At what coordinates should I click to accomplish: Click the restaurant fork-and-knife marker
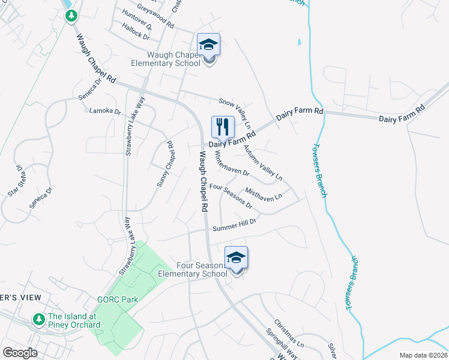(223, 127)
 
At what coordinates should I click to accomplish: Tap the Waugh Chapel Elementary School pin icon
(208, 45)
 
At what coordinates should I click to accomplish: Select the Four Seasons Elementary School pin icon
(237, 259)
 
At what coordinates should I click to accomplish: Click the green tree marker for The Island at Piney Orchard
(39, 318)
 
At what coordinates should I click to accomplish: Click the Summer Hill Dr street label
(234, 225)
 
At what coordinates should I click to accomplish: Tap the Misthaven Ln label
(264, 194)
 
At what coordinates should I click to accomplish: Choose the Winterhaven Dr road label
(232, 163)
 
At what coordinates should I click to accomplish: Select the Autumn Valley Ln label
(262, 163)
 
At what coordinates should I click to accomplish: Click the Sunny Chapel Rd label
(165, 164)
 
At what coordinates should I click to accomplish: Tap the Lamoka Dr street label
(105, 111)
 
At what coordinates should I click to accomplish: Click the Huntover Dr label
(136, 19)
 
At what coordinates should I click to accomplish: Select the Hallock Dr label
(135, 32)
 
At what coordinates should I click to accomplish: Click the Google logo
(20, 352)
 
